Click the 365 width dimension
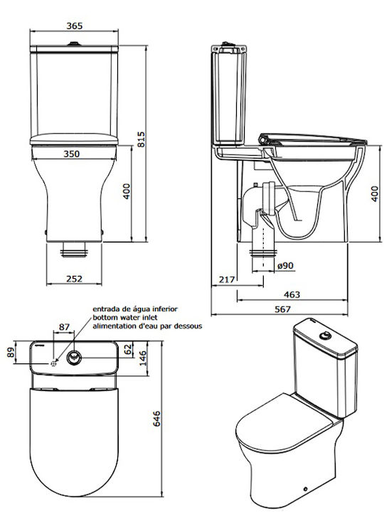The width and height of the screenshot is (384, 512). coord(75,26)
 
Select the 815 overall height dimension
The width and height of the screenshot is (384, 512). coord(141,139)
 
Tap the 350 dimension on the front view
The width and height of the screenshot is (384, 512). coord(72,154)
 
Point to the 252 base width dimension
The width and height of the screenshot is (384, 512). coord(75,279)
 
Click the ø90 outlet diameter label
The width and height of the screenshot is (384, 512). coord(285,266)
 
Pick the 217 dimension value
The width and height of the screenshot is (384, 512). coord(227,279)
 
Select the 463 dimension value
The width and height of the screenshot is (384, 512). coord(292,294)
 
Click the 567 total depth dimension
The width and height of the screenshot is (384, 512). coord(282,309)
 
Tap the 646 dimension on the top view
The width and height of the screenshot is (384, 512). coord(156,419)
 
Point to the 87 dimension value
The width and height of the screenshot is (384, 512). coord(64,327)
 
